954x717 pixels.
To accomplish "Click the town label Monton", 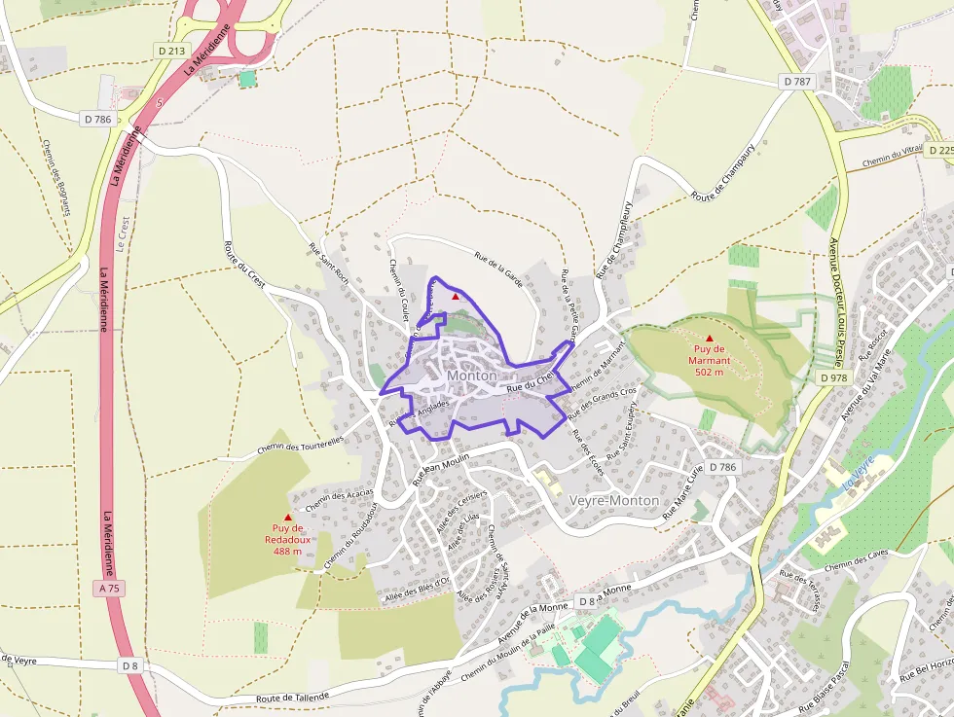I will [x=472, y=376].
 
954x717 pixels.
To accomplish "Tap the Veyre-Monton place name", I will [x=613, y=500].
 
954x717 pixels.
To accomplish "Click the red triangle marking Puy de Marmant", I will [x=709, y=338].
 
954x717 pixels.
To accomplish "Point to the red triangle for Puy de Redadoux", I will [x=287, y=518].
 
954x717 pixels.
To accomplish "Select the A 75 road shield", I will [x=109, y=589].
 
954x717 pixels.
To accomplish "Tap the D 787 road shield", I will [x=796, y=82].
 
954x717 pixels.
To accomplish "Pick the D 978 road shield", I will [x=834, y=377].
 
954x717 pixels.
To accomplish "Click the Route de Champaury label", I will [x=723, y=183].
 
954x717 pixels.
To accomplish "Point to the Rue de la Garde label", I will [x=499, y=269].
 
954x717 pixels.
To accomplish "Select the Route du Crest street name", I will [x=244, y=263].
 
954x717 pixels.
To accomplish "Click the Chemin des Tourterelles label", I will [x=301, y=445].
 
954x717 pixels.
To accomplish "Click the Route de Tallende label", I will [x=293, y=697].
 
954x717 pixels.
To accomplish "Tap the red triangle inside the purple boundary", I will [x=455, y=296].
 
